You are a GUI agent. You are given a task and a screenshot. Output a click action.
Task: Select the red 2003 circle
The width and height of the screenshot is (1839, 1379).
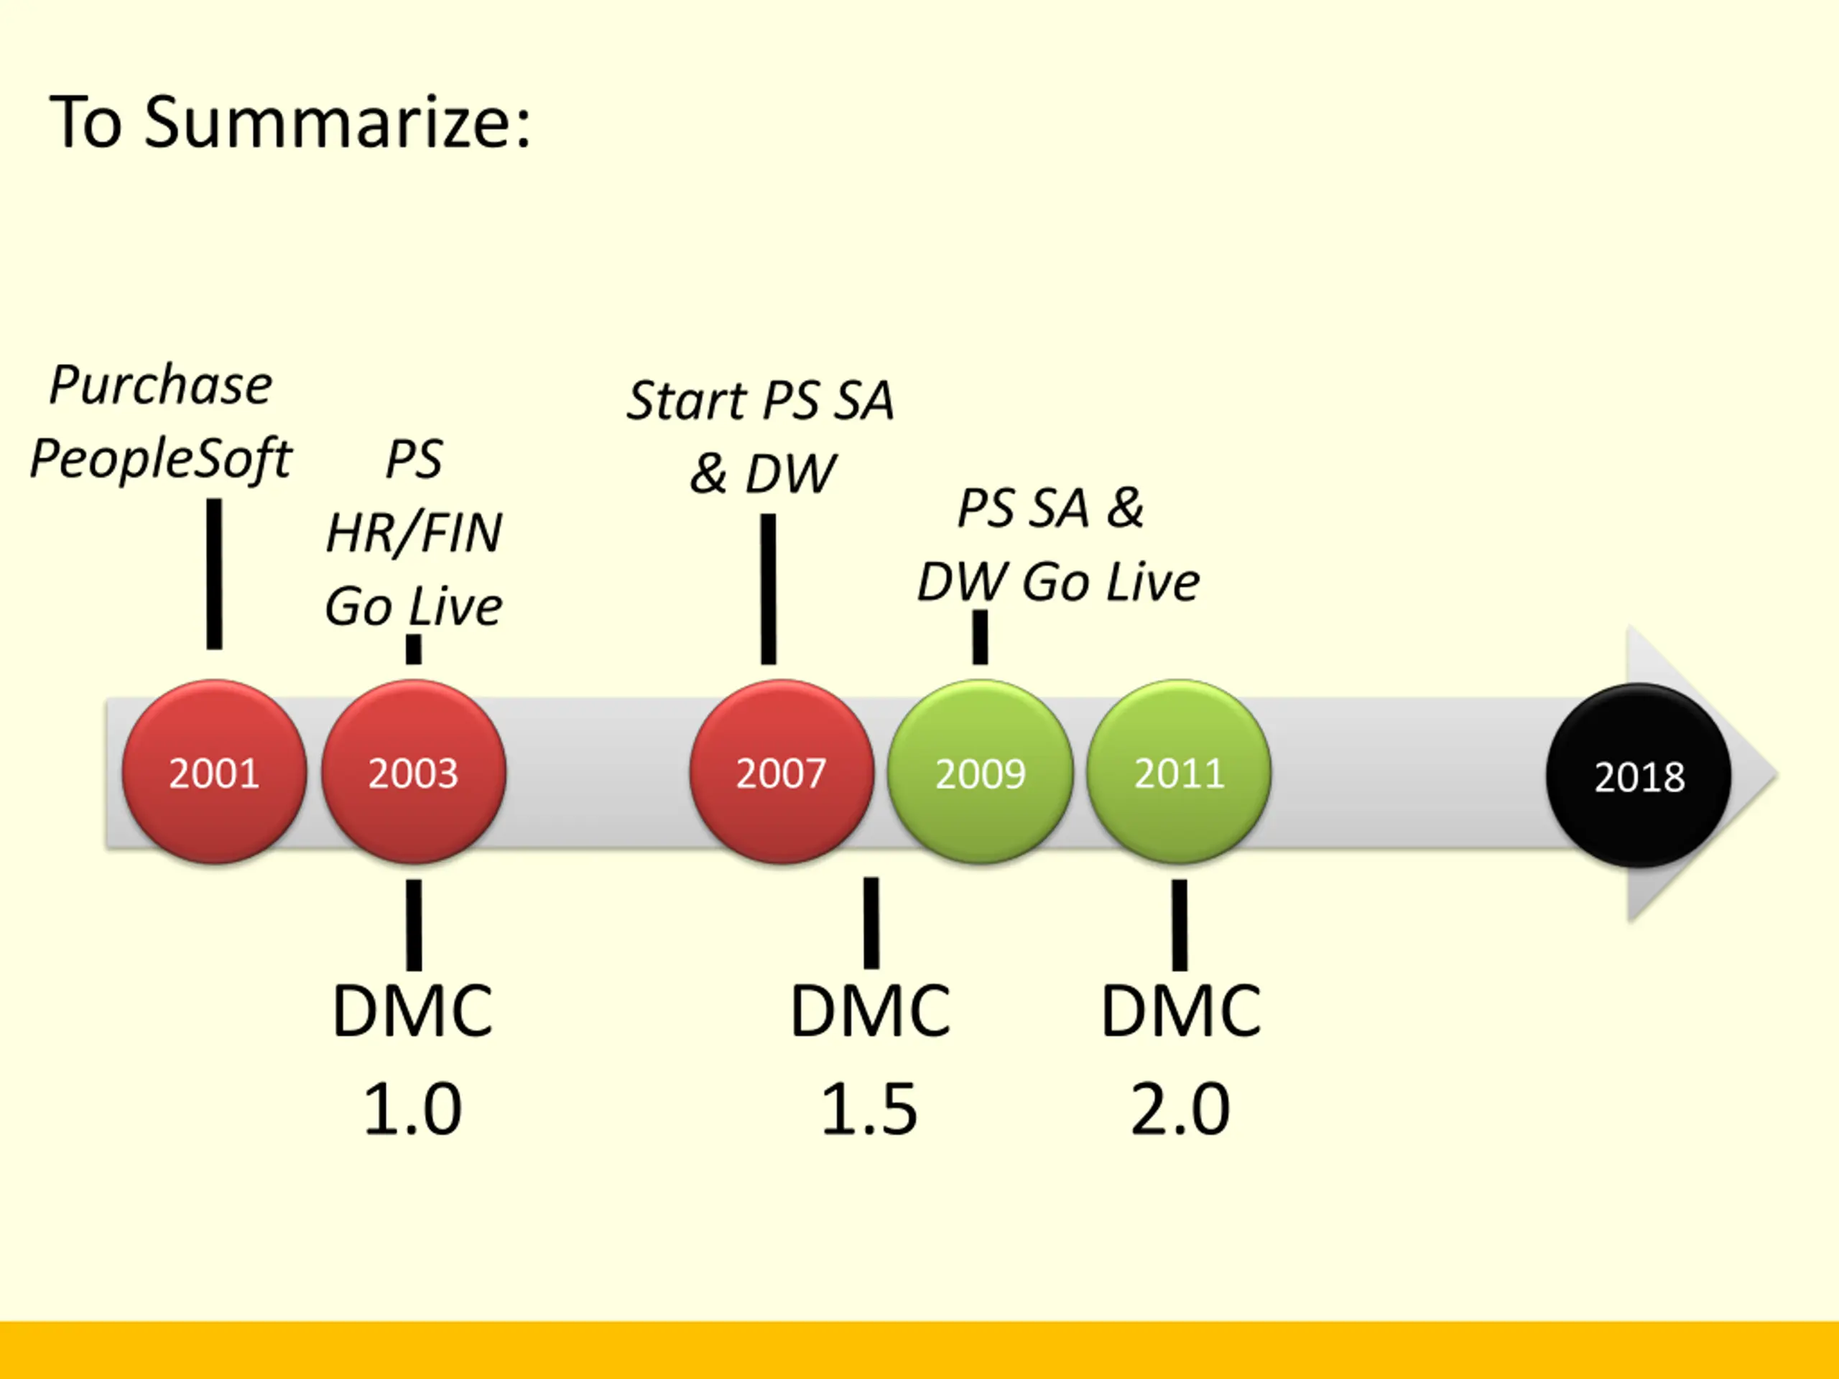(x=413, y=772)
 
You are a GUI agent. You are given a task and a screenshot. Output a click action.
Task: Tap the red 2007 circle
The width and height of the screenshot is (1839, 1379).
(x=781, y=772)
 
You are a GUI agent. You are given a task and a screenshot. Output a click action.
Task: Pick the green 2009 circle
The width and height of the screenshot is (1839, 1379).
(x=980, y=772)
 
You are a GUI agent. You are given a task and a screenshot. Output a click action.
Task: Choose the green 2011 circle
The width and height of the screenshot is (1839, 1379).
(x=1179, y=772)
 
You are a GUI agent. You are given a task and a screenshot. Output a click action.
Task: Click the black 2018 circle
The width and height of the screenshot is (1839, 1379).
(x=1639, y=776)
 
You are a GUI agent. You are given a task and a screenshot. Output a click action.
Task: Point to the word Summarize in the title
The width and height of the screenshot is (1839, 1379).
(x=337, y=123)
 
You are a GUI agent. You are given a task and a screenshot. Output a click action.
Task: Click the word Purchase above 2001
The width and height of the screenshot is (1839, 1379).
(x=160, y=386)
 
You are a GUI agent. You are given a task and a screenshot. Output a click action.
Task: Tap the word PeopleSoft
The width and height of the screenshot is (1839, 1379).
(x=160, y=459)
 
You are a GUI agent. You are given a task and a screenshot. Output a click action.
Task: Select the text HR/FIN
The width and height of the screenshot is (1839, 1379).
(x=414, y=533)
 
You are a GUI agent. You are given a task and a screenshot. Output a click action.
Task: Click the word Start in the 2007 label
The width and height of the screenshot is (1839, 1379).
(x=686, y=401)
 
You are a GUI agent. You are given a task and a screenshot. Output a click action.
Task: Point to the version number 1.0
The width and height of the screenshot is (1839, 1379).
(x=412, y=1109)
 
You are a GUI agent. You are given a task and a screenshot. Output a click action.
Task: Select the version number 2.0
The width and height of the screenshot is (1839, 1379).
(x=1180, y=1109)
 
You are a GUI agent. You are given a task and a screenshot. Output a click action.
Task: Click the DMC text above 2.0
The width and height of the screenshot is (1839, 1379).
(x=1180, y=1011)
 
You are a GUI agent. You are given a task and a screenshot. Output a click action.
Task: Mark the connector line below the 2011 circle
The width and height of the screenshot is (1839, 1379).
(x=1179, y=924)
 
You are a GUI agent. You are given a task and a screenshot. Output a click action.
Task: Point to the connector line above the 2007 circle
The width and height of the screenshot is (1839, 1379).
(x=768, y=588)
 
